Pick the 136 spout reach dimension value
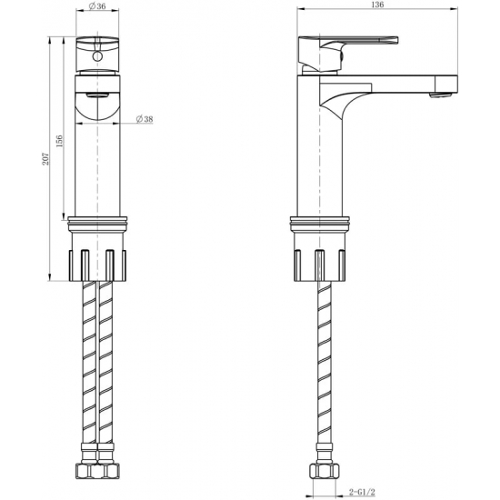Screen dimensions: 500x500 (377, 6)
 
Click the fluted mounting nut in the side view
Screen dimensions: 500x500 (319, 262)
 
